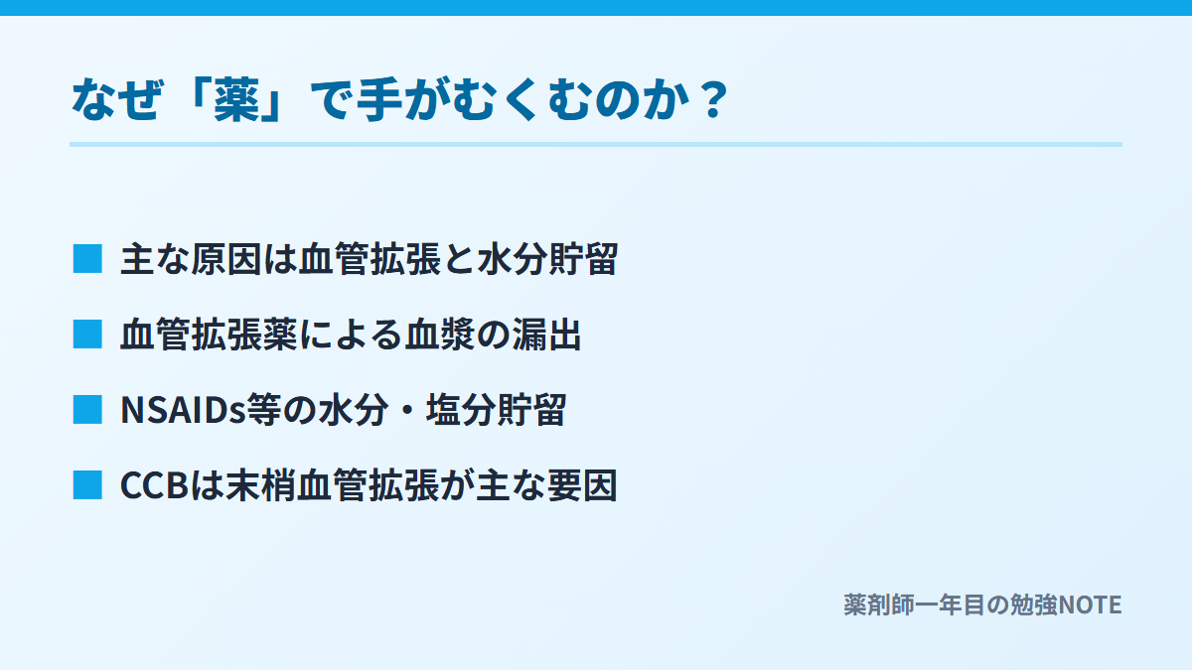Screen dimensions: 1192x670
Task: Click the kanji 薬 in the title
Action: (236, 99)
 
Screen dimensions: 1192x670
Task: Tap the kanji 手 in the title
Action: (378, 99)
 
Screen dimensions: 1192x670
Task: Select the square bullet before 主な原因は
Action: (87, 259)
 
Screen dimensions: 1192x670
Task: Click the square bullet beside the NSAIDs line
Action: (87, 409)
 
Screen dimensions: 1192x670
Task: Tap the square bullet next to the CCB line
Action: (87, 485)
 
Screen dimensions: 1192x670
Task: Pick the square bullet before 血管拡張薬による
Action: (87, 334)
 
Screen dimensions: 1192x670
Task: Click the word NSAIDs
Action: (183, 410)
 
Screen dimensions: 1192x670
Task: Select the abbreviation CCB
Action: (155, 485)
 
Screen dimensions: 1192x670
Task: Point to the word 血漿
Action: (440, 335)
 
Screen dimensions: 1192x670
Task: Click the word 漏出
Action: (546, 335)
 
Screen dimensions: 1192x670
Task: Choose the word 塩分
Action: (461, 410)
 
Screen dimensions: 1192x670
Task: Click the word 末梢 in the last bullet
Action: (260, 485)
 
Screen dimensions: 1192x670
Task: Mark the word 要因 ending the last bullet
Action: (583, 485)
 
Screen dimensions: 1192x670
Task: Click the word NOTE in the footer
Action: (1090, 605)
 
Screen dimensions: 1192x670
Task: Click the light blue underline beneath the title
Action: (596, 144)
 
